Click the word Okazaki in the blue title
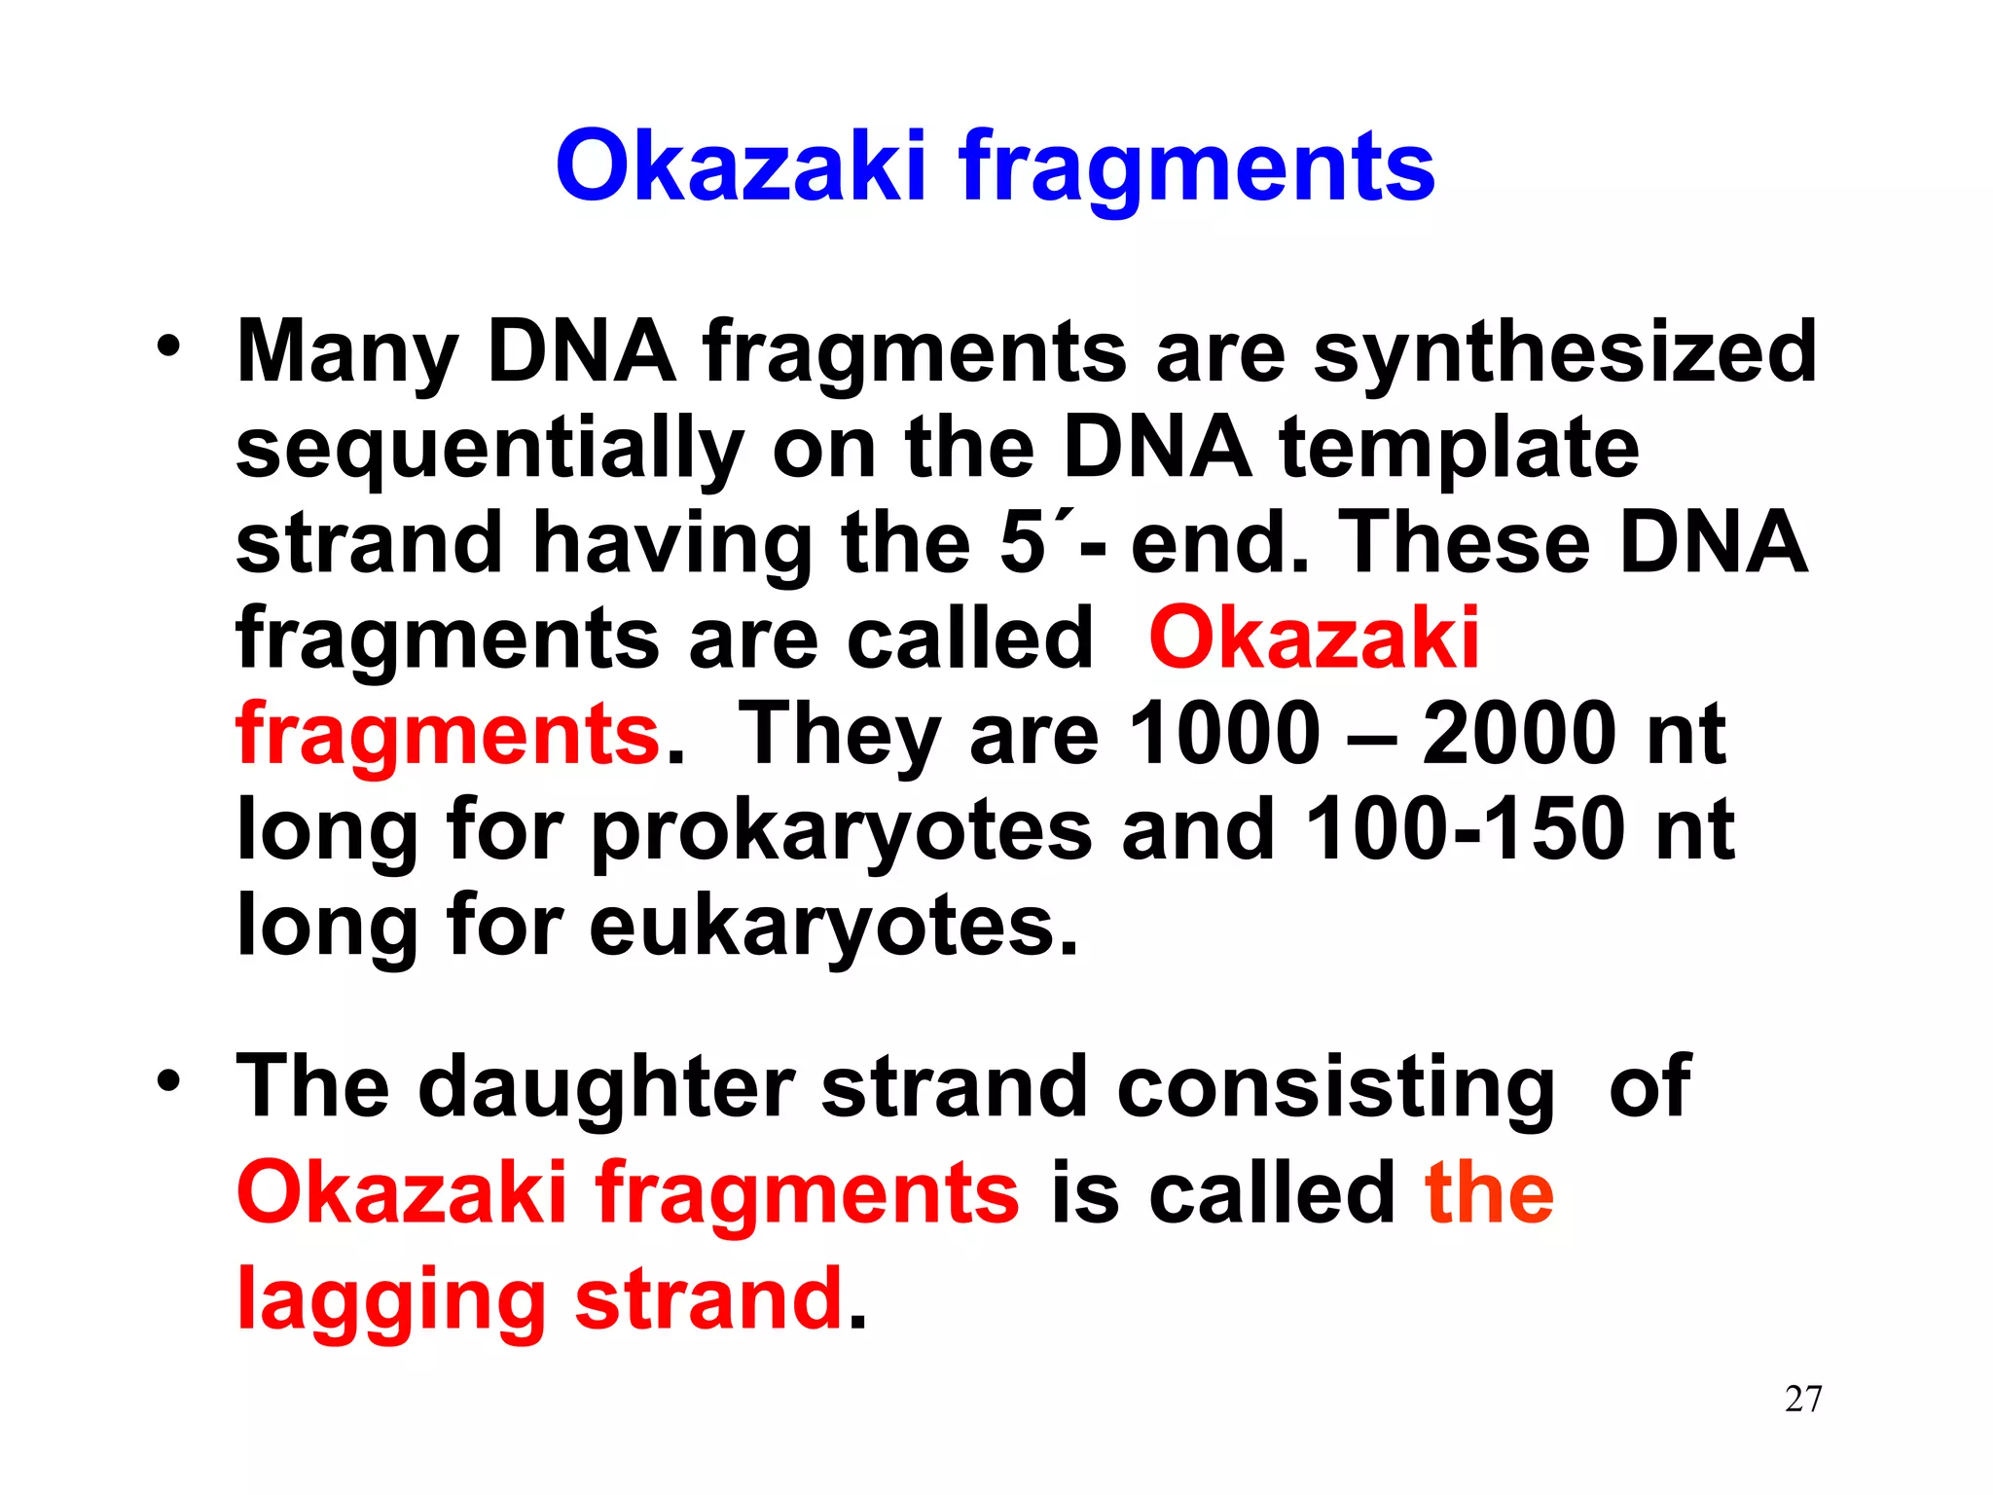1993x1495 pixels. click(740, 167)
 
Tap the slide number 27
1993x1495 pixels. click(1803, 1399)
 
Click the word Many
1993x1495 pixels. click(346, 352)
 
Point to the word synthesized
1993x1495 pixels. click(1565, 352)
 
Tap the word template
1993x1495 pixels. click(1459, 448)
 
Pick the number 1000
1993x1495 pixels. click(1223, 733)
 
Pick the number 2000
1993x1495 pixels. click(1518, 733)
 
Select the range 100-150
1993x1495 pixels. click(1465, 828)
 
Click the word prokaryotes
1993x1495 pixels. click(842, 830)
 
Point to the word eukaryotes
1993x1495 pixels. click(832, 926)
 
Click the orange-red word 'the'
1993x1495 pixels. click(1489, 1194)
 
